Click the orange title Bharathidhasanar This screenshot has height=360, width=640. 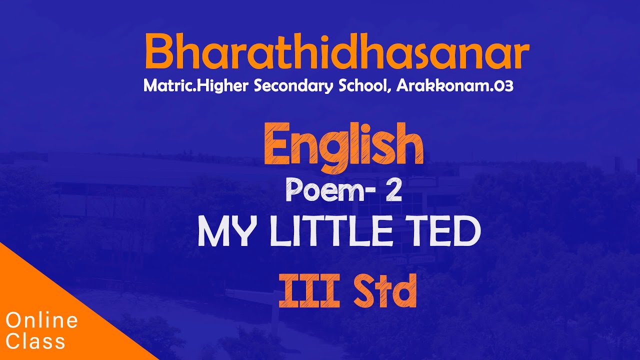(x=336, y=52)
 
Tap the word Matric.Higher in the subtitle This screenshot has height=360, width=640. (x=196, y=86)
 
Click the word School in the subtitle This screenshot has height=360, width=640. (x=363, y=86)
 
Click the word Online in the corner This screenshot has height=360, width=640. (x=42, y=320)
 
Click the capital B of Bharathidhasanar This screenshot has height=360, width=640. (x=158, y=52)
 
